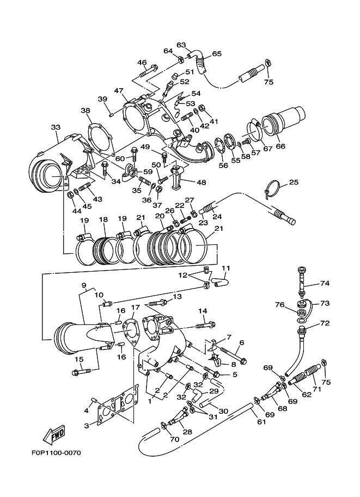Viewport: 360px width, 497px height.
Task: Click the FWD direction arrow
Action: pos(54,434)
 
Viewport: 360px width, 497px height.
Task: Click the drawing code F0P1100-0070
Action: pos(56,453)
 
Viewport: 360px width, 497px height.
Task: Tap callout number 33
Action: pos(56,127)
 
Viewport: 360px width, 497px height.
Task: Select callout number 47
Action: pos(119,91)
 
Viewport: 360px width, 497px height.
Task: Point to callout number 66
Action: pos(280,146)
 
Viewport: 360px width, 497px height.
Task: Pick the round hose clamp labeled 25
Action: pos(272,189)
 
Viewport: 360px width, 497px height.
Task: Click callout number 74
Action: pos(325,283)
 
